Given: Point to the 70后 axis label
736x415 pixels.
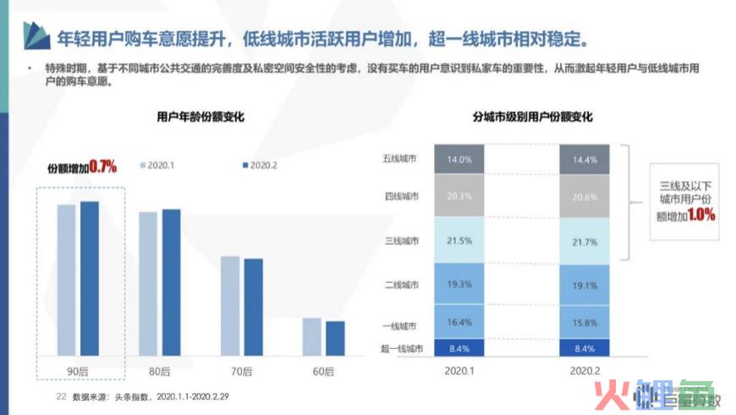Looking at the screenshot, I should click(x=241, y=371).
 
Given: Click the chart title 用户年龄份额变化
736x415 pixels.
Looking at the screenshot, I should click(x=200, y=117).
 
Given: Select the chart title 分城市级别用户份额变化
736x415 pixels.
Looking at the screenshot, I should click(x=532, y=117).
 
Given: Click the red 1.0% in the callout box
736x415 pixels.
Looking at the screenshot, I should click(x=701, y=215).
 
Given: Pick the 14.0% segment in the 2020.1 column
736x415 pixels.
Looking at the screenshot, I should click(x=459, y=159).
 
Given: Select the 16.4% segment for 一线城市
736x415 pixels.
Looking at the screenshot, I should click(x=459, y=323).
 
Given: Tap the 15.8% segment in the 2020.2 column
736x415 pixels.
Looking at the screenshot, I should click(x=584, y=323).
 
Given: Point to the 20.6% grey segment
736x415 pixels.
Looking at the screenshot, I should click(x=584, y=196).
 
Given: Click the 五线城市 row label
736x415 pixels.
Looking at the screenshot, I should click(x=400, y=159).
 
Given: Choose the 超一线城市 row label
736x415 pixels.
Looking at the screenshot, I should click(x=397, y=346).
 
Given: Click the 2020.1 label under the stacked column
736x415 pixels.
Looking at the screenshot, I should click(x=459, y=371).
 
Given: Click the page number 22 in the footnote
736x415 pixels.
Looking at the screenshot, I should click(x=60, y=396).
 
